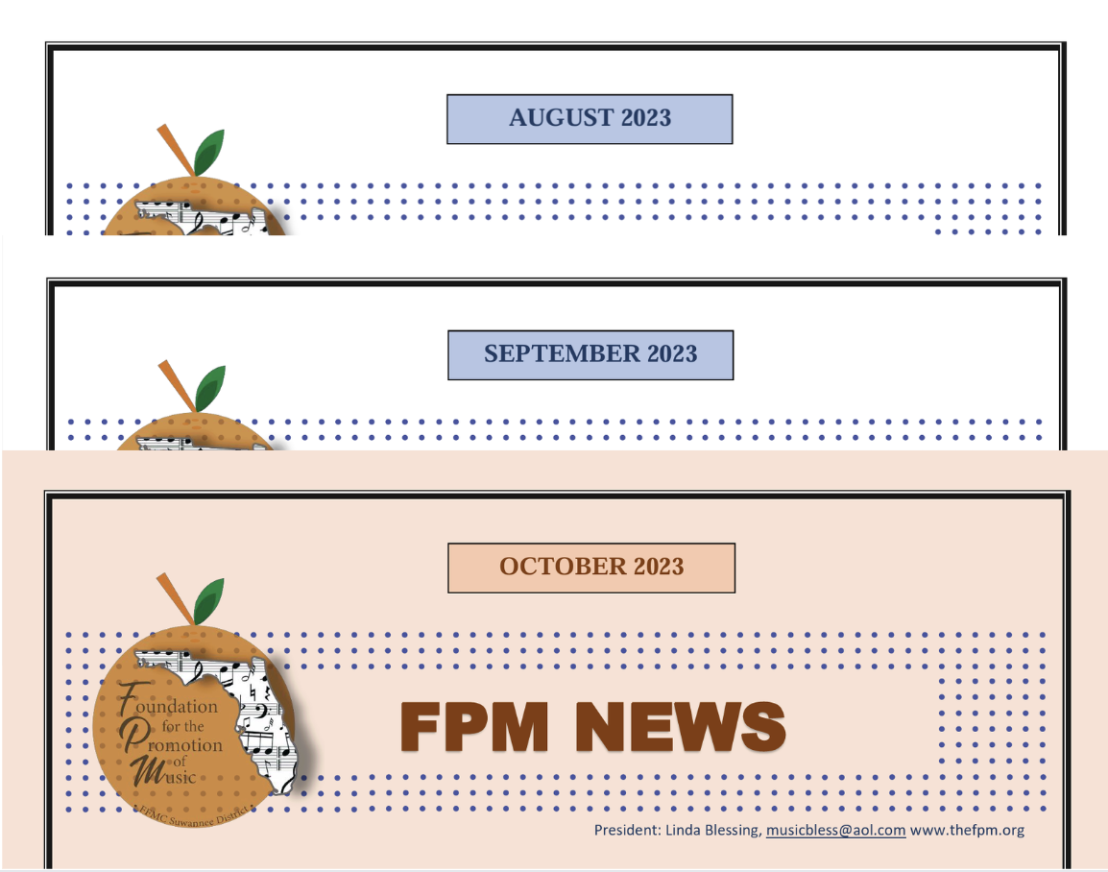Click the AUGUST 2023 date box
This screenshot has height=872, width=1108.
point(590,119)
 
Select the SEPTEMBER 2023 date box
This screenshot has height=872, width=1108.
point(590,354)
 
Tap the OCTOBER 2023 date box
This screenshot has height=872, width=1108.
point(591,568)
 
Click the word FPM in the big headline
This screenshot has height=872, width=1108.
point(474,726)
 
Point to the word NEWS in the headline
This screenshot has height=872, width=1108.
point(681,726)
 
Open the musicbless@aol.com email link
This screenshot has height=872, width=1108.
point(835,830)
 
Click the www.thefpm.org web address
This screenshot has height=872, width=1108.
point(967,830)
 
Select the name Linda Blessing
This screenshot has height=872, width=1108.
point(713,830)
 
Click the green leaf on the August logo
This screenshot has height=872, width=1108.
point(209,152)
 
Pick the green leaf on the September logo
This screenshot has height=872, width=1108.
point(210,388)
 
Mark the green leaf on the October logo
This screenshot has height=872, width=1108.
point(209,601)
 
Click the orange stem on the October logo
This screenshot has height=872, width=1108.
point(175,599)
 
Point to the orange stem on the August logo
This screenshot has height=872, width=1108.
point(176,151)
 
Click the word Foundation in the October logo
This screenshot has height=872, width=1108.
point(168,701)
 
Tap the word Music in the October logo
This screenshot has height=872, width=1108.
point(163,772)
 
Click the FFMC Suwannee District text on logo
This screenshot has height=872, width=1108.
point(194,815)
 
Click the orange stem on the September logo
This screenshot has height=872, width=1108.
point(177,386)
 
